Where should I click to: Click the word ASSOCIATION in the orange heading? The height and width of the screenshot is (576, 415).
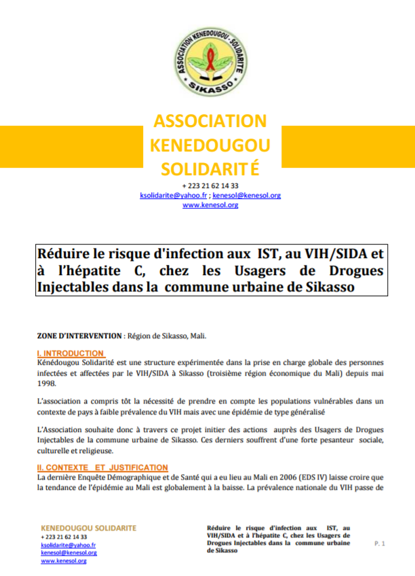point(210,122)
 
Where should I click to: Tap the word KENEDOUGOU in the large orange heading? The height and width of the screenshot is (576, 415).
point(210,145)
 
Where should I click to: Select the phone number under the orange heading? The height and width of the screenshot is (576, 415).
point(210,185)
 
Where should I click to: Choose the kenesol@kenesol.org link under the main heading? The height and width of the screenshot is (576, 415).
point(247,195)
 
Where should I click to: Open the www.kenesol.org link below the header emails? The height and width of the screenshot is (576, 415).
point(210,204)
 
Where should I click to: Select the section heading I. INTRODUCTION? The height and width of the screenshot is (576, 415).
point(71,353)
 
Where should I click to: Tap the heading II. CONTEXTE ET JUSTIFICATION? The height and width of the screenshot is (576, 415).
point(102,467)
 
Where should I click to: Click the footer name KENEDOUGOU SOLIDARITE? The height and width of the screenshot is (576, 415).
point(88,528)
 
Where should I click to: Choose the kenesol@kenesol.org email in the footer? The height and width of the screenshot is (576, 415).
point(68,553)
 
